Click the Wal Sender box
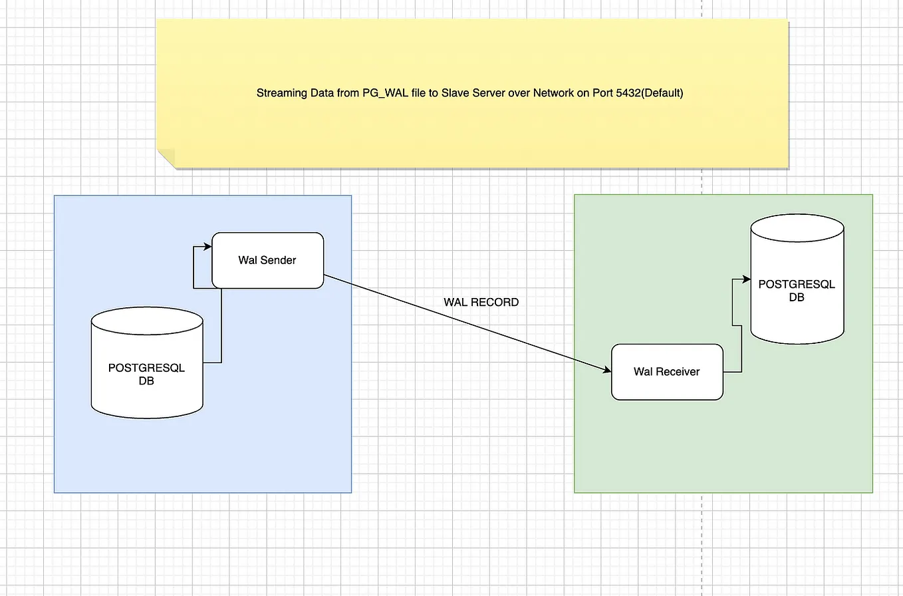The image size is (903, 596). coord(267,260)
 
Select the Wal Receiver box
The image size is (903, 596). coord(666,372)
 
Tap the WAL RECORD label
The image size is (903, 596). coord(481,302)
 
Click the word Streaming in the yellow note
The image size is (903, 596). coord(279,94)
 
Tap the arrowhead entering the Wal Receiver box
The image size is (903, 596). coord(606,371)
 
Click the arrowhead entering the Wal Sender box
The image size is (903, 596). coord(207,247)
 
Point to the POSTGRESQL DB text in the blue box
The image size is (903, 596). coord(146,374)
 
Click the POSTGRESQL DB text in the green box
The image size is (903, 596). coord(797,291)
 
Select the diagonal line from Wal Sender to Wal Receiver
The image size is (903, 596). coord(465,322)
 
